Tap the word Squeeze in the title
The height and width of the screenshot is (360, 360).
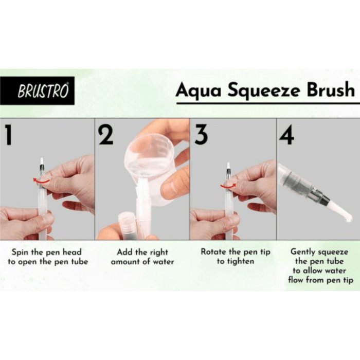tap(258, 91)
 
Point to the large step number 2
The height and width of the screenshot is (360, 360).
tap(106, 135)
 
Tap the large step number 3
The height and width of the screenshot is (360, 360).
tap(201, 135)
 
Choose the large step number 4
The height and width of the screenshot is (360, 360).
tap(286, 135)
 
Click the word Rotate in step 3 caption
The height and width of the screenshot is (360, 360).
tap(212, 252)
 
